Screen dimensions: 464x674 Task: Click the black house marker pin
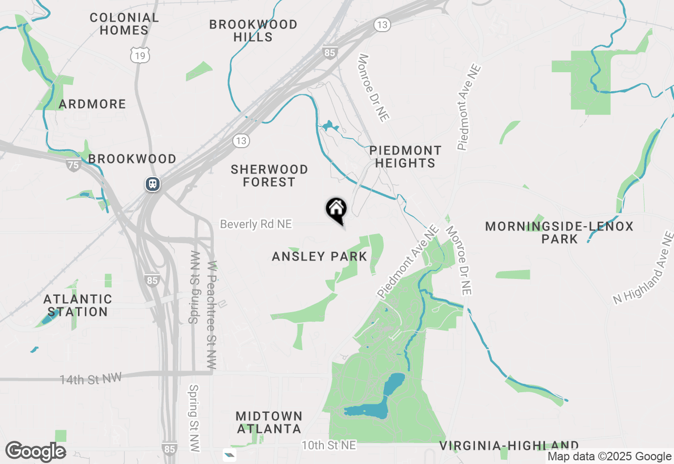pos(336,209)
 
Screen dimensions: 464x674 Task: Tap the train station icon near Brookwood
pos(153,184)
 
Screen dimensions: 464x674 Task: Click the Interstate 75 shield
pos(74,165)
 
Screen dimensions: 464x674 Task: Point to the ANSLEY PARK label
pos(319,257)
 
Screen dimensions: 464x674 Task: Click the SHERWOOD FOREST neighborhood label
pos(270,176)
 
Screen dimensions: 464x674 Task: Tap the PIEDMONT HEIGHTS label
pos(405,157)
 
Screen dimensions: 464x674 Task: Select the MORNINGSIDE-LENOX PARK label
pos(559,233)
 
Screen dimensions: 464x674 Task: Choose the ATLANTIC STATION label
pos(78,306)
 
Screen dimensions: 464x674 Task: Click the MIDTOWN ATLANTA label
pos(269,422)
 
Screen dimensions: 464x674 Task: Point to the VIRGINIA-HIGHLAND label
pos(509,446)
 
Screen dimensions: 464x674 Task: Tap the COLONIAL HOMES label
pos(124,24)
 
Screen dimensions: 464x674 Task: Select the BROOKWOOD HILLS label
pos(253,31)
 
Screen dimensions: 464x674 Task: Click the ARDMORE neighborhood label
pos(93,104)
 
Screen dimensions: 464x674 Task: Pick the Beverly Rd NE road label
pos(256,224)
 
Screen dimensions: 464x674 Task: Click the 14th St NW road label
pos(91,379)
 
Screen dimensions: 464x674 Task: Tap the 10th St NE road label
pos(329,446)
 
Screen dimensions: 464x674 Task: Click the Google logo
pos(36,451)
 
